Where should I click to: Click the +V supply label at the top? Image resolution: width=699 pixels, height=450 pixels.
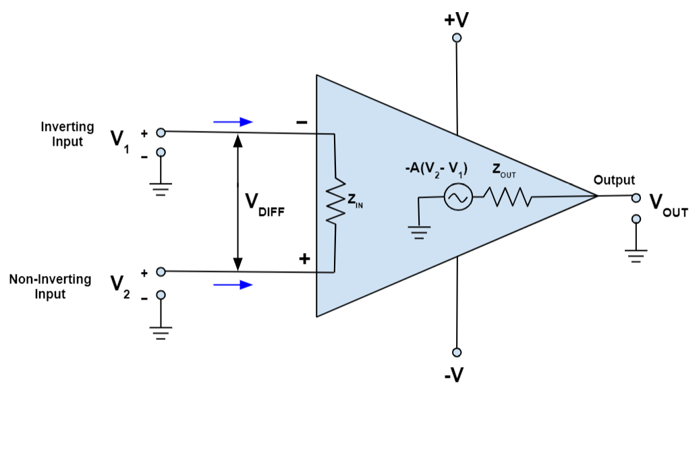pyautogui.click(x=456, y=19)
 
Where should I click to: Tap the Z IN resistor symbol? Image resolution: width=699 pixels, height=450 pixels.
pyautogui.click(x=335, y=201)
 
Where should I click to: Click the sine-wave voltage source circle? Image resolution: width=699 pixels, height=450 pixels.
pyautogui.click(x=455, y=198)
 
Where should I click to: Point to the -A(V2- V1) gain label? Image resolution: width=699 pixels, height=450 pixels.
pyautogui.click(x=435, y=169)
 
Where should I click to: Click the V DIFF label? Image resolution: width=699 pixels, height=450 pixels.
pyautogui.click(x=264, y=203)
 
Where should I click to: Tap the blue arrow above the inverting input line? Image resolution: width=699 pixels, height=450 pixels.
pyautogui.click(x=233, y=122)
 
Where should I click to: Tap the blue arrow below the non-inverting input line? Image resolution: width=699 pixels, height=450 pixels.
pyautogui.click(x=233, y=285)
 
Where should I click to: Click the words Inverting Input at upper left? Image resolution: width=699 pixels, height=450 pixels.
pyautogui.click(x=67, y=134)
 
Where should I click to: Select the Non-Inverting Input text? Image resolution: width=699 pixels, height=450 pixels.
pyautogui.click(x=50, y=287)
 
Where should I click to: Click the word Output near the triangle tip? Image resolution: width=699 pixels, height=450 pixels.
pyautogui.click(x=614, y=180)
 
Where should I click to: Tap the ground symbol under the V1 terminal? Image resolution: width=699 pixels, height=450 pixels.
pyautogui.click(x=161, y=188)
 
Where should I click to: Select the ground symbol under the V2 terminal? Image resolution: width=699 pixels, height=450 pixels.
pyautogui.click(x=161, y=333)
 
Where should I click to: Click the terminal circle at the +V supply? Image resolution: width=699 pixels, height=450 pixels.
pyautogui.click(x=457, y=38)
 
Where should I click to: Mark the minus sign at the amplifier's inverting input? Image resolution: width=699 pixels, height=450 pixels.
pyautogui.click(x=301, y=123)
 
